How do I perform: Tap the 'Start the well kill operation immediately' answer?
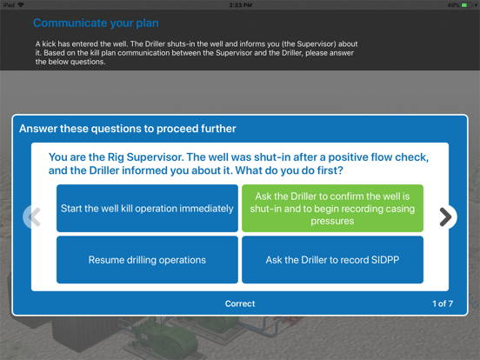(147, 208)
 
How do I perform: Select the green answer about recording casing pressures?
(332, 208)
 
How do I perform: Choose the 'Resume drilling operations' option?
(147, 260)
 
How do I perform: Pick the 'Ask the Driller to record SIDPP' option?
(332, 260)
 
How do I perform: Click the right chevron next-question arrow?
(446, 217)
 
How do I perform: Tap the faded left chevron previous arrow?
(34, 217)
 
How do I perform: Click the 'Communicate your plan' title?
(96, 23)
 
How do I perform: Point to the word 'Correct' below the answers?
(240, 303)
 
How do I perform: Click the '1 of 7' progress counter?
(443, 303)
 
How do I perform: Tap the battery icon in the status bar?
(467, 5)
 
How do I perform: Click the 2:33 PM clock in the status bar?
(241, 5)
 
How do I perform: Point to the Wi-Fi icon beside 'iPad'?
(21, 5)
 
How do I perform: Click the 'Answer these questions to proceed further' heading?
(127, 129)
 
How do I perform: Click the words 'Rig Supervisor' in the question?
(145, 157)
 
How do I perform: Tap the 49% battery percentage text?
(454, 5)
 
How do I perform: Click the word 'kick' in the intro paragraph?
(49, 43)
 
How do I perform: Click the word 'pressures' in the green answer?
(332, 221)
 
